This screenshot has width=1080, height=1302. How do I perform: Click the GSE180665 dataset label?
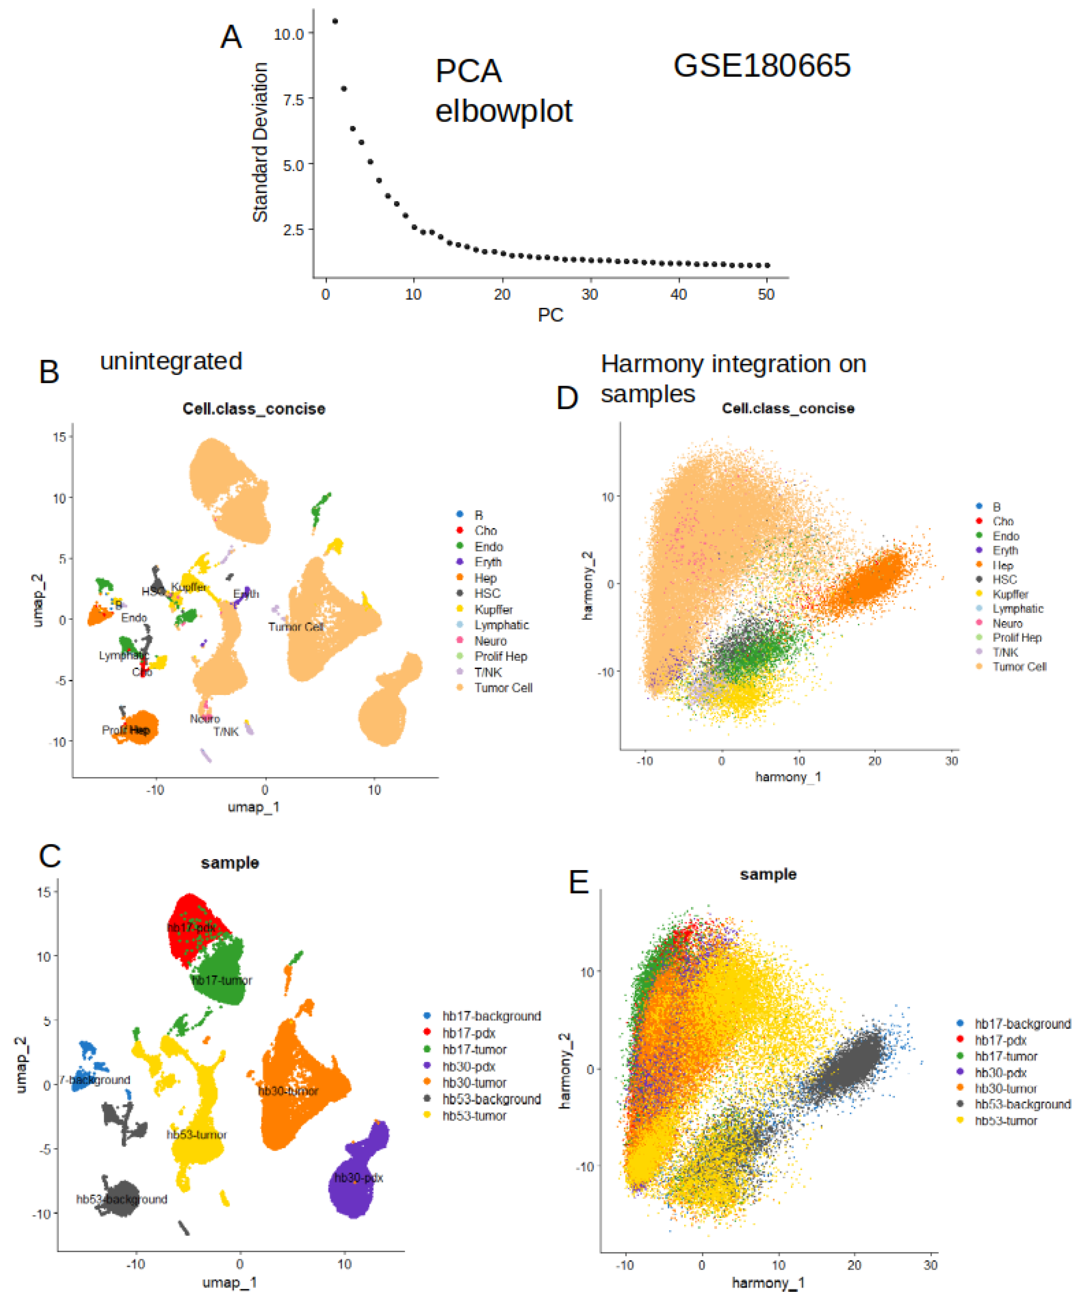(x=761, y=66)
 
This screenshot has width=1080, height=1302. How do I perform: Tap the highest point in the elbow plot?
(x=335, y=21)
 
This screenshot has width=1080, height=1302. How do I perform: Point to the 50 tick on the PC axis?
(x=766, y=294)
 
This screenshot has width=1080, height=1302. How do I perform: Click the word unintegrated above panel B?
(x=171, y=361)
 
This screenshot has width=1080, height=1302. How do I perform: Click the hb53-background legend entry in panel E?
(x=1022, y=1104)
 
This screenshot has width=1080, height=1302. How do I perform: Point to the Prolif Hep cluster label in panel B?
(x=126, y=731)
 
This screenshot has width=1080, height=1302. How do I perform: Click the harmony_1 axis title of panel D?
(x=787, y=777)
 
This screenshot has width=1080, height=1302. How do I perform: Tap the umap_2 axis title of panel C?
(x=21, y=1064)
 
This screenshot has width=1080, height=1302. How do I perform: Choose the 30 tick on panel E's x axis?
(x=930, y=1265)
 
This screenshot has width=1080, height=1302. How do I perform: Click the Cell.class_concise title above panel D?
(x=787, y=409)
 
